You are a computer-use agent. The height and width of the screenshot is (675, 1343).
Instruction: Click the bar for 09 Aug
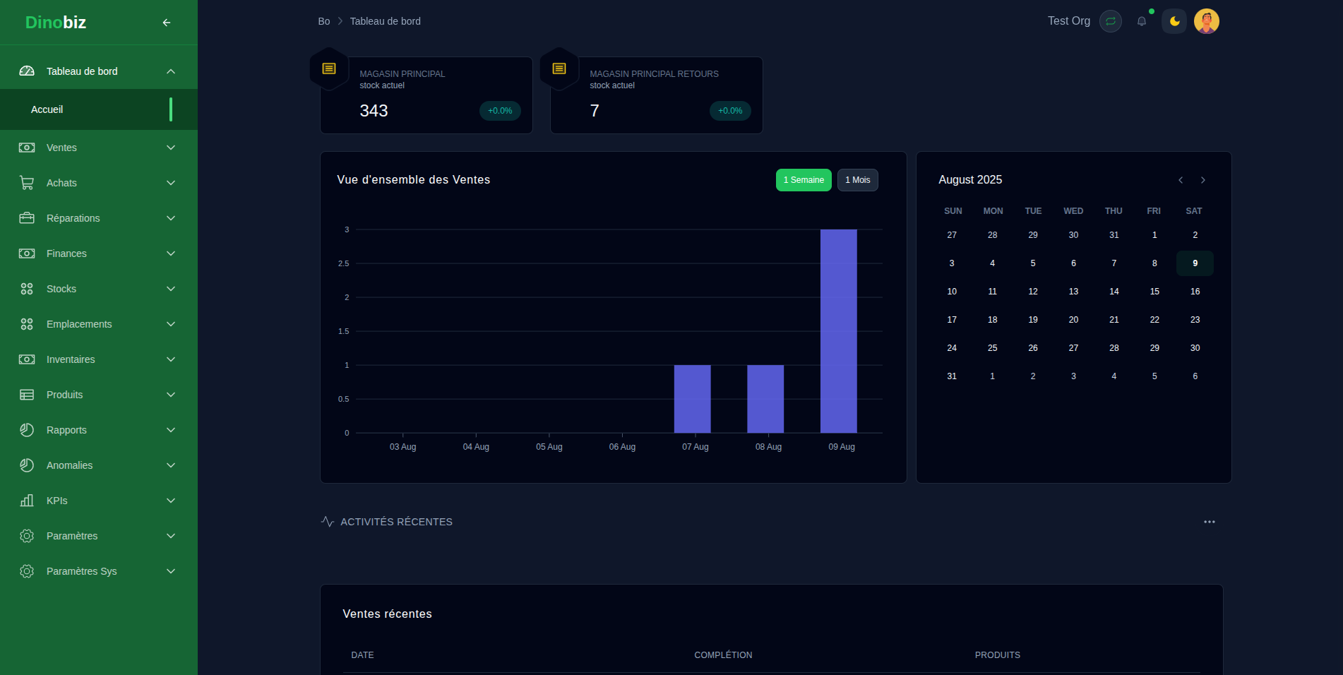tap(838, 331)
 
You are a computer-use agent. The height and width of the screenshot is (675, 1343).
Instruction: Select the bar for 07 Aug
tap(692, 399)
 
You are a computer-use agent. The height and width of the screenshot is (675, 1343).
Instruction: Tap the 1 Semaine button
tap(804, 180)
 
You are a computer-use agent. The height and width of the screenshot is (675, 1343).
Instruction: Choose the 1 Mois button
tap(857, 180)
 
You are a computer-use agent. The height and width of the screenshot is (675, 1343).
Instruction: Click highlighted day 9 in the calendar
tap(1195, 263)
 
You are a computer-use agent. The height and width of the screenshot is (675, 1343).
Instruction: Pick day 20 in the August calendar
tap(1073, 320)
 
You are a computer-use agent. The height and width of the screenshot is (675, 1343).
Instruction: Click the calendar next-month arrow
tap(1203, 180)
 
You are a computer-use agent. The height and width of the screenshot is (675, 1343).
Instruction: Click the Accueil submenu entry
tap(47, 109)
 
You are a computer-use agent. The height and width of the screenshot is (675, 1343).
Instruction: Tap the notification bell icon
tap(1142, 21)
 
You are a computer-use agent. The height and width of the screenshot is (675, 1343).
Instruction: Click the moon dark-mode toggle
tap(1174, 21)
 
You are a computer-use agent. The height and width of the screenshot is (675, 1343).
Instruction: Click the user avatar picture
tap(1206, 21)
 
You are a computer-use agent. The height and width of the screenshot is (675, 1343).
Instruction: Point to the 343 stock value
tap(374, 111)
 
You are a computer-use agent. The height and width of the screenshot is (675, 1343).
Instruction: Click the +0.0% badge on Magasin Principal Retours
tap(730, 111)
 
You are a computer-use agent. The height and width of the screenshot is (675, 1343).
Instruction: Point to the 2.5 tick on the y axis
tap(343, 263)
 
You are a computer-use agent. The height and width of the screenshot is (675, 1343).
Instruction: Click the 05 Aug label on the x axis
tap(549, 447)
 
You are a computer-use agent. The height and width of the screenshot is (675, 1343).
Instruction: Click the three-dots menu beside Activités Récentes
tap(1209, 522)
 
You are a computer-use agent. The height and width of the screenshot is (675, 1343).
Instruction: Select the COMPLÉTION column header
tap(723, 655)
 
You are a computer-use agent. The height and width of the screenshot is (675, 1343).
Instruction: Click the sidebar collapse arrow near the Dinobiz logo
tap(167, 23)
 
